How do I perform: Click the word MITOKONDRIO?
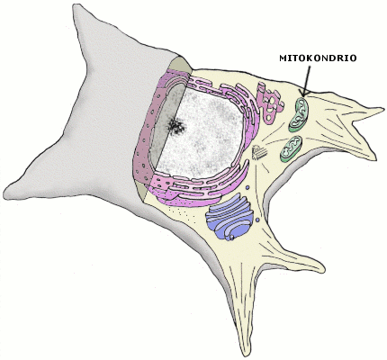coord(318,58)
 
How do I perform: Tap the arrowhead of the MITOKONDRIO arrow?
coord(303,94)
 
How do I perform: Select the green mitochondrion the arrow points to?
coord(299,114)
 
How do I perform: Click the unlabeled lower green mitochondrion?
coord(291,148)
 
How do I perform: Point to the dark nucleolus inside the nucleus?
coord(176,126)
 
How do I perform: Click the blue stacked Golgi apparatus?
coord(229,217)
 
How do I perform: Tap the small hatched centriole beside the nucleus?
coord(258,152)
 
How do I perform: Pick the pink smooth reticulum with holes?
coord(270,103)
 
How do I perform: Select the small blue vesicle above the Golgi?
coord(247,188)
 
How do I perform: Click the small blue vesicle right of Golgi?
coord(257,220)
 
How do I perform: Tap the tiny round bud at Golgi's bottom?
coord(232,238)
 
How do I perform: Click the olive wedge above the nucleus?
coord(180,65)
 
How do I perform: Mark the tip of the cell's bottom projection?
coord(247,355)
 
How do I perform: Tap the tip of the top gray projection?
coord(75,5)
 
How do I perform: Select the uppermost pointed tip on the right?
coord(382,109)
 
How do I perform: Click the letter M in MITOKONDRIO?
coord(283,58)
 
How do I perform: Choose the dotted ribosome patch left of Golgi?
coord(182,213)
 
